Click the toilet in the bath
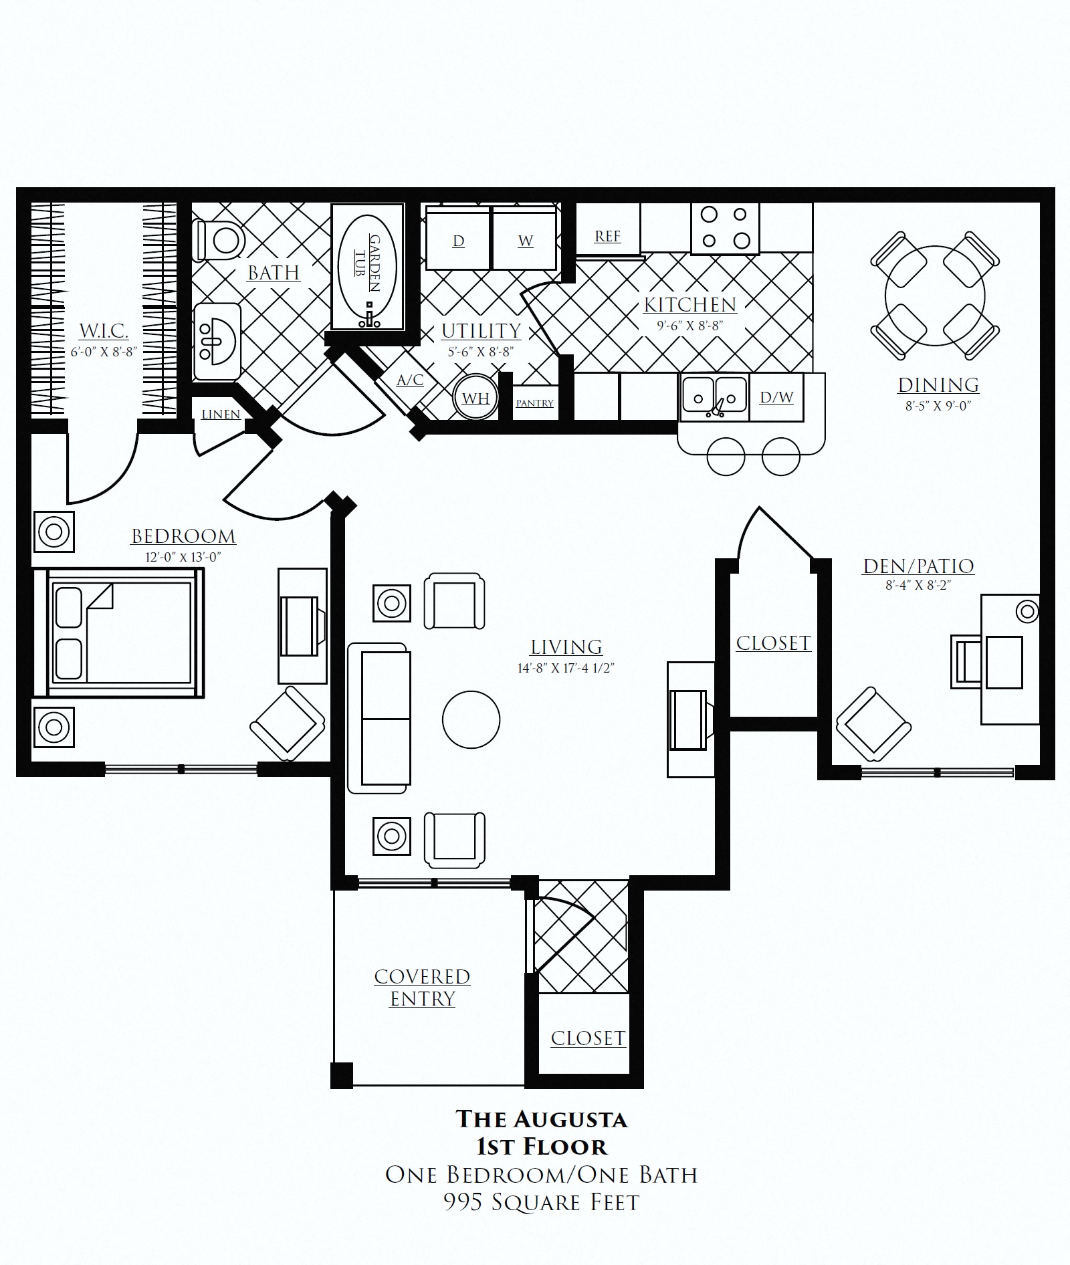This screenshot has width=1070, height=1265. [x=218, y=240]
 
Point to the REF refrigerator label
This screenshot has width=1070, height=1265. [x=607, y=236]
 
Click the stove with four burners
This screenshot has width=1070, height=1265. [x=725, y=229]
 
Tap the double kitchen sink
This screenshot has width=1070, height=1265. [x=714, y=397]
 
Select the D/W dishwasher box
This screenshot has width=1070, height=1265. [x=776, y=397]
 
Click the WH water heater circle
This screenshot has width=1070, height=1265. [x=475, y=398]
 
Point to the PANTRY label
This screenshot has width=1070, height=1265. [x=535, y=403]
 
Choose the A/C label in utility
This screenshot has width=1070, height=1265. [x=410, y=380]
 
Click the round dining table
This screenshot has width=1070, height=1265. [x=935, y=296]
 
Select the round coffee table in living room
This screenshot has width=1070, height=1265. [x=471, y=719]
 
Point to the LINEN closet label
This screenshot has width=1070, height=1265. [x=221, y=415]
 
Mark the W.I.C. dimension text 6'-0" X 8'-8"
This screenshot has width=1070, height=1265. [x=104, y=352]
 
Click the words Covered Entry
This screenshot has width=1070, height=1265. [x=422, y=987]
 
